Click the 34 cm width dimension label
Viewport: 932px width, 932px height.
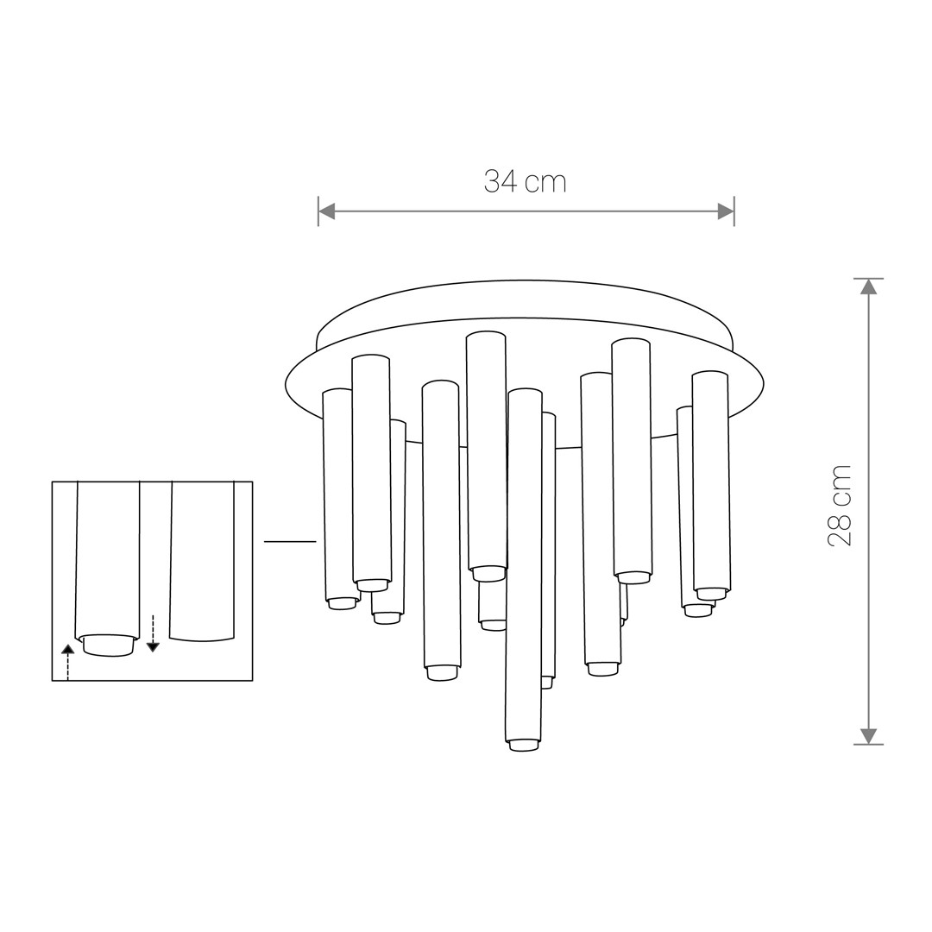click(525, 181)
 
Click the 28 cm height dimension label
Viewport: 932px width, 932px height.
click(840, 506)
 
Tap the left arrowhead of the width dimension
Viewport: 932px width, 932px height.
click(327, 211)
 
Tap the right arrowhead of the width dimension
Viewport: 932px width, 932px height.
click(726, 211)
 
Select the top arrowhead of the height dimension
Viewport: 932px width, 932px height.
click(868, 287)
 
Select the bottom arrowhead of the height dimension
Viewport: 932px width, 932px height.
click(868, 736)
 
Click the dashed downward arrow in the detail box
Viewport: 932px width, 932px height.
click(153, 633)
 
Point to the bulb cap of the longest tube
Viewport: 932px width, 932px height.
click(524, 745)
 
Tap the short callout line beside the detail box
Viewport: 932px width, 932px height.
click(290, 542)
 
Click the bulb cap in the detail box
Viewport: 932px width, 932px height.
click(108, 645)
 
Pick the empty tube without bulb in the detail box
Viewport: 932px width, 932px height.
click(202, 561)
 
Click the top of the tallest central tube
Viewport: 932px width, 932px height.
click(486, 336)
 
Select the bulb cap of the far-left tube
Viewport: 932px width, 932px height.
click(343, 603)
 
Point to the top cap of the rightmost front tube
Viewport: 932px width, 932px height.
click(710, 375)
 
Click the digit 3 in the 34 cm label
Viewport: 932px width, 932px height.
click(492, 181)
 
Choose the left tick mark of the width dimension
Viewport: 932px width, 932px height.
click(318, 211)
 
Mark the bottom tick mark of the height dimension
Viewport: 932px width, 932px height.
click(868, 744)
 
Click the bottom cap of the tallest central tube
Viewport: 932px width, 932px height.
click(488, 573)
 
